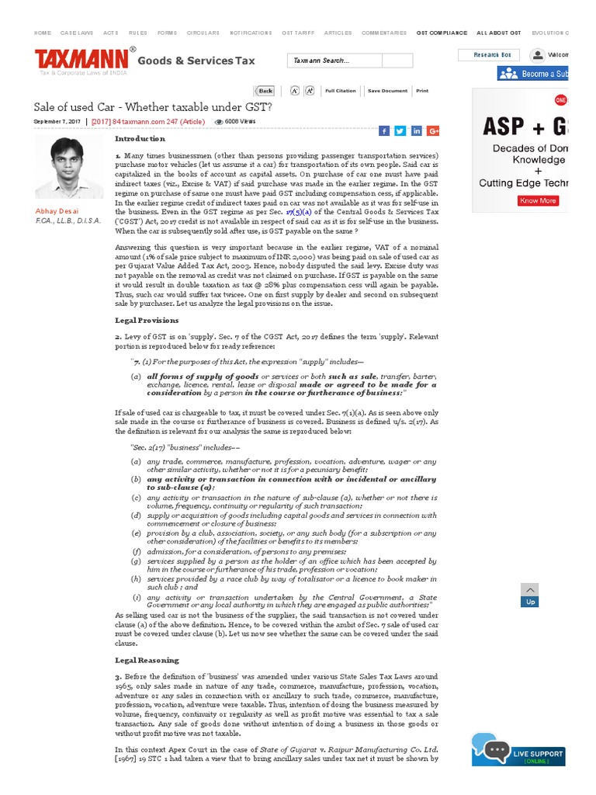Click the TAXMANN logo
click(x=82, y=61)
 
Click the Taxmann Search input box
click(x=350, y=61)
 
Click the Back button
click(x=265, y=91)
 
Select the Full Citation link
click(x=340, y=91)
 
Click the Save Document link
click(x=387, y=91)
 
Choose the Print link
click(x=422, y=91)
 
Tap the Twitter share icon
click(x=400, y=130)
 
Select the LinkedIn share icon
click(x=417, y=130)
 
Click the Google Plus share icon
click(x=433, y=130)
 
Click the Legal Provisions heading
click(x=147, y=320)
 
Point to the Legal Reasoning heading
click(x=147, y=660)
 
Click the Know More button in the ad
click(x=538, y=200)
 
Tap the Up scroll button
click(x=530, y=595)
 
